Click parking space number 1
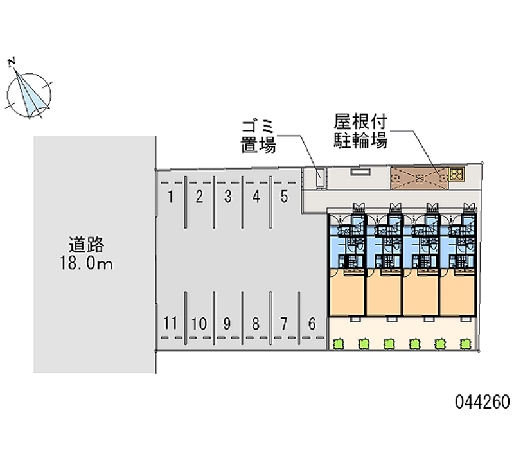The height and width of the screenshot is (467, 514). click(x=171, y=197)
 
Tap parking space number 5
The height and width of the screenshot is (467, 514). click(x=284, y=197)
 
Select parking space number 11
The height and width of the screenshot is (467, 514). click(x=170, y=324)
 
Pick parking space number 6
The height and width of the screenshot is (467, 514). click(x=312, y=324)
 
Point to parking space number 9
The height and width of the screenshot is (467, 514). click(x=227, y=324)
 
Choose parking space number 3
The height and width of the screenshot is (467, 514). click(x=227, y=197)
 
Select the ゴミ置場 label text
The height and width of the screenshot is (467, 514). click(x=258, y=136)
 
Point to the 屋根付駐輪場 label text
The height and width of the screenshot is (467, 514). click(x=360, y=132)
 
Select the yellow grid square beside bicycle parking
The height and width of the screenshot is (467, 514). click(x=456, y=174)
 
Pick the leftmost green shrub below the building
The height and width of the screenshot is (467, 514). click(x=338, y=345)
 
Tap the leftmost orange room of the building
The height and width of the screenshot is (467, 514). click(x=347, y=293)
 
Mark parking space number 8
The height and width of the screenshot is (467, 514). click(x=255, y=324)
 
